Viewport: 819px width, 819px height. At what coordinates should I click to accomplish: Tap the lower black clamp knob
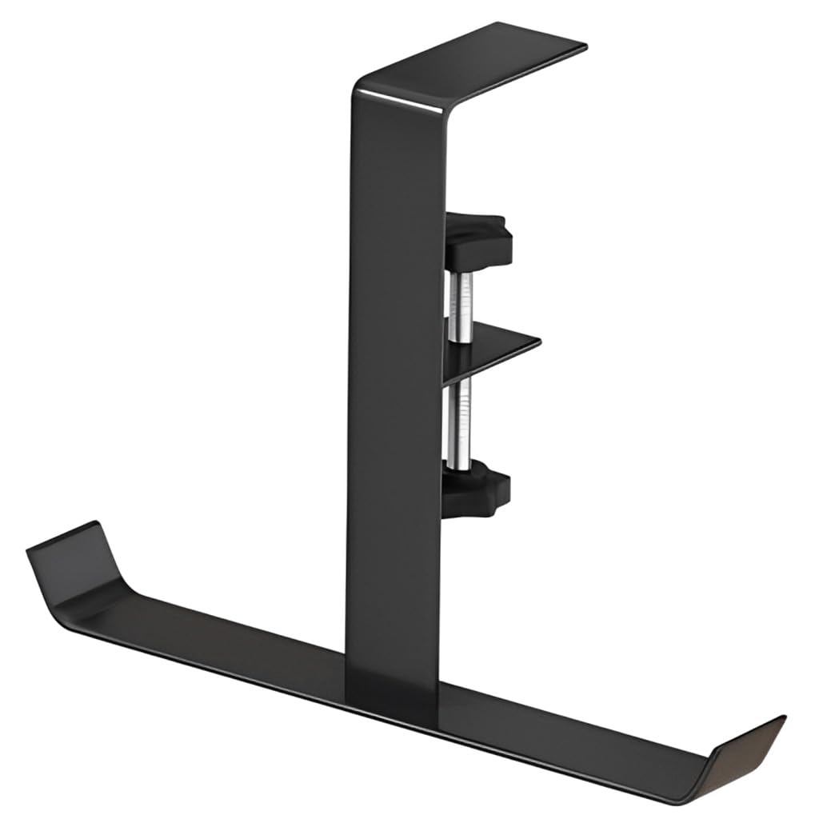coord(477,493)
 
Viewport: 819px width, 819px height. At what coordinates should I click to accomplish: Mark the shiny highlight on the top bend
coord(400,98)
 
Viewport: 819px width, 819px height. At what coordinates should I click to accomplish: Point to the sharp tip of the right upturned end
coord(784,717)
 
